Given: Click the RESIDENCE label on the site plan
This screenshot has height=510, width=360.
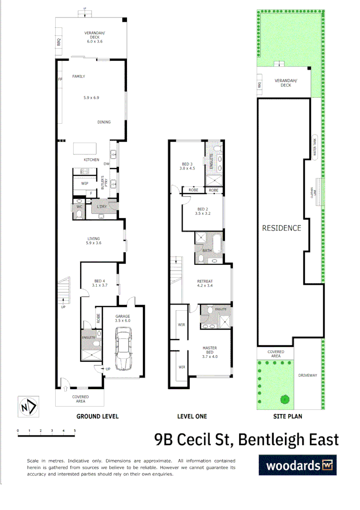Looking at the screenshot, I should tap(282, 228).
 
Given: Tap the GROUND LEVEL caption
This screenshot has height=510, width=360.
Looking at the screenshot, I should tap(98, 416).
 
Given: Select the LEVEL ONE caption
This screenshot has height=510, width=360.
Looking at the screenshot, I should tap(192, 416).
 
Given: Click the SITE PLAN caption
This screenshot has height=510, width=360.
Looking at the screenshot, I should tap(288, 416).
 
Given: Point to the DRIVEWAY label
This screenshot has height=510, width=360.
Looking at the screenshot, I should tap(308, 376).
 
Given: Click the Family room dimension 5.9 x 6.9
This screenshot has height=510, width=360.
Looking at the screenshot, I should tap(91, 98).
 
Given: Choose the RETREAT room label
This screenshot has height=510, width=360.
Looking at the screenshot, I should tap(205, 281).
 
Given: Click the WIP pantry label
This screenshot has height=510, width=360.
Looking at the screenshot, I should tap(85, 183).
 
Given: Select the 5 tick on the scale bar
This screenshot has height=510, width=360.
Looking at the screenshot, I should tap(75, 431).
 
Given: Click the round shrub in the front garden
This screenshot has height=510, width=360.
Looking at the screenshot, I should tap(285, 399).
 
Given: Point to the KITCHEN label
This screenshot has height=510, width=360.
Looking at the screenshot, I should tap(92, 160).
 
